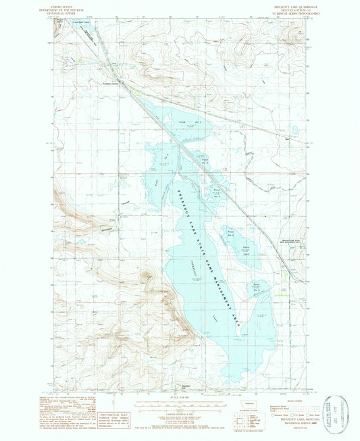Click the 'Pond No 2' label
(x=205, y=161)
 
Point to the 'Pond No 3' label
(x=217, y=193)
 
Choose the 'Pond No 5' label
(x=231, y=232)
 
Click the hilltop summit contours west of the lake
(x=145, y=276)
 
